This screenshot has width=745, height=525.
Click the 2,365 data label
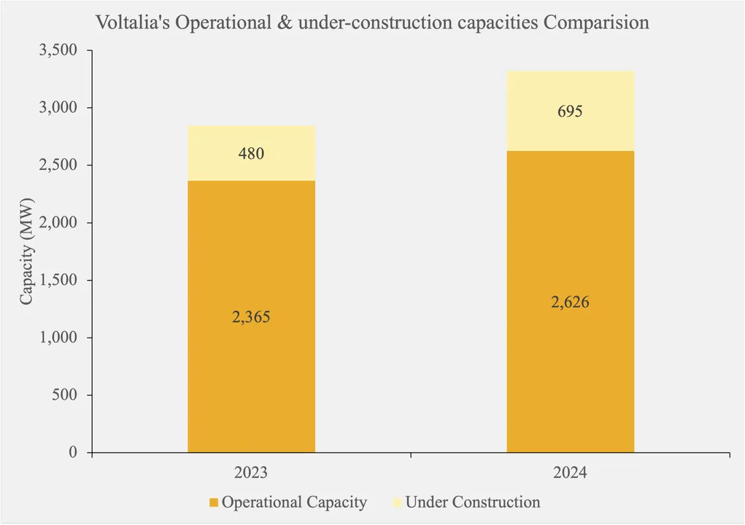[x=251, y=317]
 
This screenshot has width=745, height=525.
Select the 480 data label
[x=251, y=154]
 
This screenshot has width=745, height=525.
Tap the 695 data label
[x=570, y=112]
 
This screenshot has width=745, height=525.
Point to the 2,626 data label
[x=570, y=302]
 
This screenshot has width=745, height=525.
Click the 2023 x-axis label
[x=251, y=472]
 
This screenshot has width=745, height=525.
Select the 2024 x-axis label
[x=570, y=472]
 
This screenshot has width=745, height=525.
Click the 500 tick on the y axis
[x=66, y=395]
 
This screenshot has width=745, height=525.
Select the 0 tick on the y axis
[x=73, y=453]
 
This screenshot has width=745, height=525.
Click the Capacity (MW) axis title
[x=27, y=252]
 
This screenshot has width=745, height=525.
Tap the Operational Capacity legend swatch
[x=214, y=502]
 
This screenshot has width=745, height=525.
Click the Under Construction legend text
[x=473, y=502]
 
